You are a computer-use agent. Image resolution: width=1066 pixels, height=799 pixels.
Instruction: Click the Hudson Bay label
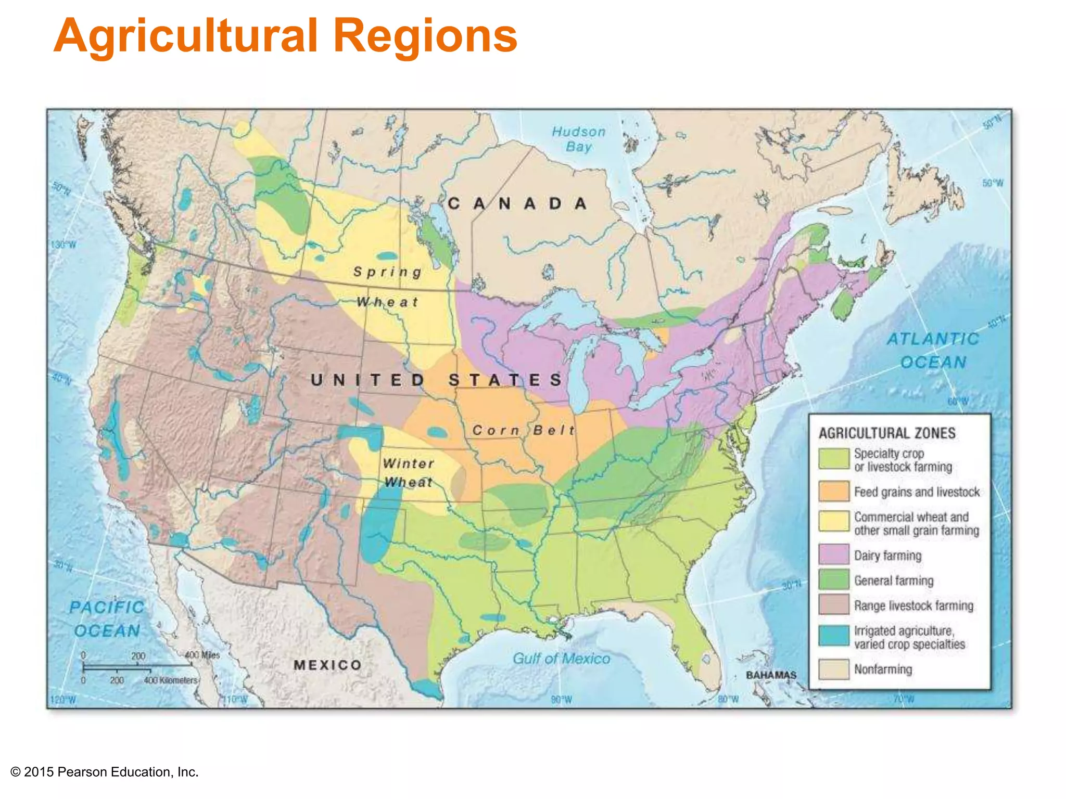click(579, 139)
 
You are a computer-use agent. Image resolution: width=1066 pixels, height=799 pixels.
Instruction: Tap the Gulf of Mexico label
click(561, 659)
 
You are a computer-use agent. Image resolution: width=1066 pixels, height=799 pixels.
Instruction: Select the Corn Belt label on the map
click(524, 430)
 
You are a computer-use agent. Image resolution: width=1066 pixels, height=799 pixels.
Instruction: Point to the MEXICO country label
click(327, 665)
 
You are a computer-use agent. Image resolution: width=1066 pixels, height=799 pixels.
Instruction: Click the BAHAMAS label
click(771, 675)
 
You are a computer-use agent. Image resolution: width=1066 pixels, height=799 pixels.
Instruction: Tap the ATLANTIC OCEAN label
click(933, 350)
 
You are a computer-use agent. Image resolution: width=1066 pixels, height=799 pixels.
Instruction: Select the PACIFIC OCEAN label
click(107, 619)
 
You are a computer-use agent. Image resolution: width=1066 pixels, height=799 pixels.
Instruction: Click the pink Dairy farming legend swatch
click(833, 555)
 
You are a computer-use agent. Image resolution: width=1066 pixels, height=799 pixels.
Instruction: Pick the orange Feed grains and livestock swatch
click(833, 491)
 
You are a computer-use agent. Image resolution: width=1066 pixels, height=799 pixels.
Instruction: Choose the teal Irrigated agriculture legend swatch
click(833, 636)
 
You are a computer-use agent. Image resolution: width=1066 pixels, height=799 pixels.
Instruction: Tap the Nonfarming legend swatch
click(833, 669)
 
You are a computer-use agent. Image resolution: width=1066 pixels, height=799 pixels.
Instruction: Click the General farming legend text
click(894, 581)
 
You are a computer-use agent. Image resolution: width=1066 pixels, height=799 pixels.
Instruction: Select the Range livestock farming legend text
click(913, 605)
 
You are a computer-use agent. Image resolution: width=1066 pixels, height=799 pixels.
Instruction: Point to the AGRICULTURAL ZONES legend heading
click(887, 433)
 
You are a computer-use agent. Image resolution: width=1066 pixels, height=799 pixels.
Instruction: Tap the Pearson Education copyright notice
click(105, 772)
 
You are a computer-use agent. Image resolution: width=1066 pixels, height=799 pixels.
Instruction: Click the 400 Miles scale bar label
click(203, 655)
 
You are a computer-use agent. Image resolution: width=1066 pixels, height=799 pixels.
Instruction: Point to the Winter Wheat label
click(408, 473)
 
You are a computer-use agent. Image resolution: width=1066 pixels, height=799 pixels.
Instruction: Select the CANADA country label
click(517, 203)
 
